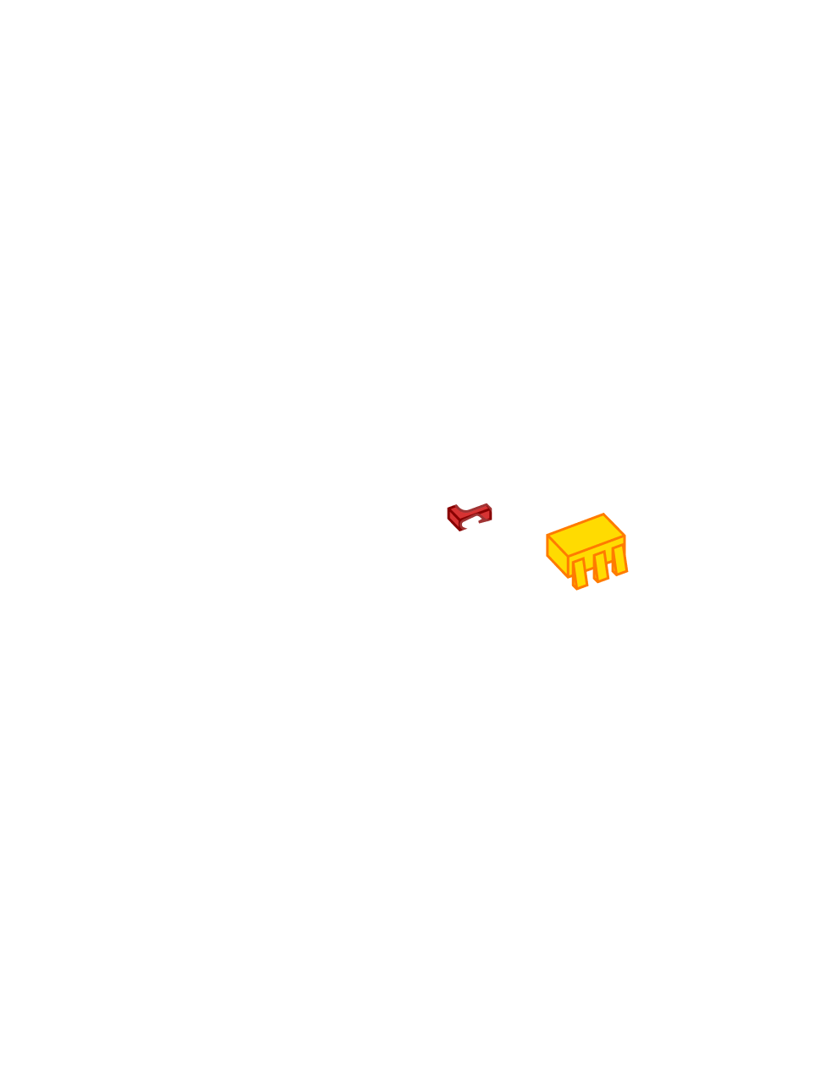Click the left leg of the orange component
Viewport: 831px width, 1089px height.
[x=580, y=575]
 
